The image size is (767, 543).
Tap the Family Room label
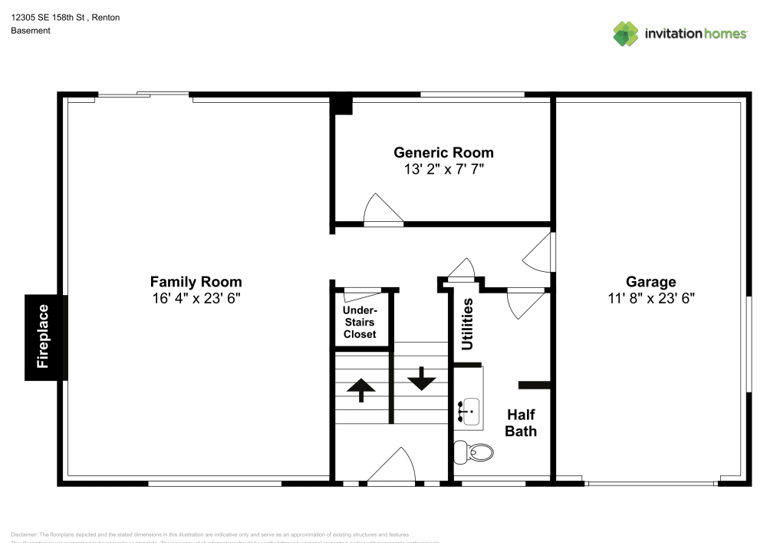[x=196, y=282]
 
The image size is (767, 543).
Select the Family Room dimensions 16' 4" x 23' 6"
[x=196, y=298]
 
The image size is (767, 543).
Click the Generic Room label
[x=443, y=152]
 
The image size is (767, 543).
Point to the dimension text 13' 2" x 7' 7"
[x=443, y=169]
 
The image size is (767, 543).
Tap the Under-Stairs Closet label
[x=360, y=322]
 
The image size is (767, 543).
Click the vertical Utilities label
[x=467, y=323]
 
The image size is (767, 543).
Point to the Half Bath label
[x=521, y=422]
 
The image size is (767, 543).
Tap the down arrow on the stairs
[x=421, y=379]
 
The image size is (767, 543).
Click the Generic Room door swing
[x=381, y=210]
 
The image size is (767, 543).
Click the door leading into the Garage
[x=539, y=252]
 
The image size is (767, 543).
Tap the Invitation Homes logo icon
[x=626, y=33]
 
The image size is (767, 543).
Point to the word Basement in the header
[x=31, y=31]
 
